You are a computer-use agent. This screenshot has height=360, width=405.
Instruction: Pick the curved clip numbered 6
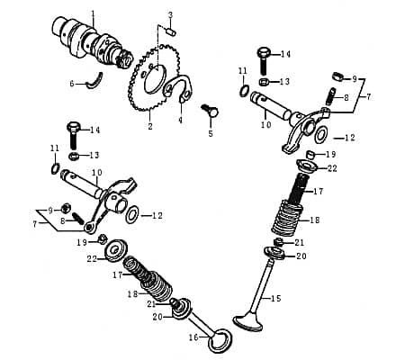click(x=105, y=83)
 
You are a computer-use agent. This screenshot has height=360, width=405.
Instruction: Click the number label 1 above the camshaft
click(x=93, y=13)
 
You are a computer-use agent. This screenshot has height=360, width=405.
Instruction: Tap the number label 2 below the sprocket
click(x=150, y=127)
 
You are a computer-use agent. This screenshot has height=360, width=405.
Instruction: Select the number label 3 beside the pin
click(x=170, y=14)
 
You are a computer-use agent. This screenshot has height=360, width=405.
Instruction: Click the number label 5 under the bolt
click(x=211, y=133)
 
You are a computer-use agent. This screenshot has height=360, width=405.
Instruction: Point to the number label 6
click(x=72, y=84)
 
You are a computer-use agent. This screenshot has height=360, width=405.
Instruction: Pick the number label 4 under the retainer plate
click(x=180, y=119)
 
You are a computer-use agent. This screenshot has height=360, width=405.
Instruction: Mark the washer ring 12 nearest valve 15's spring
click(x=321, y=136)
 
